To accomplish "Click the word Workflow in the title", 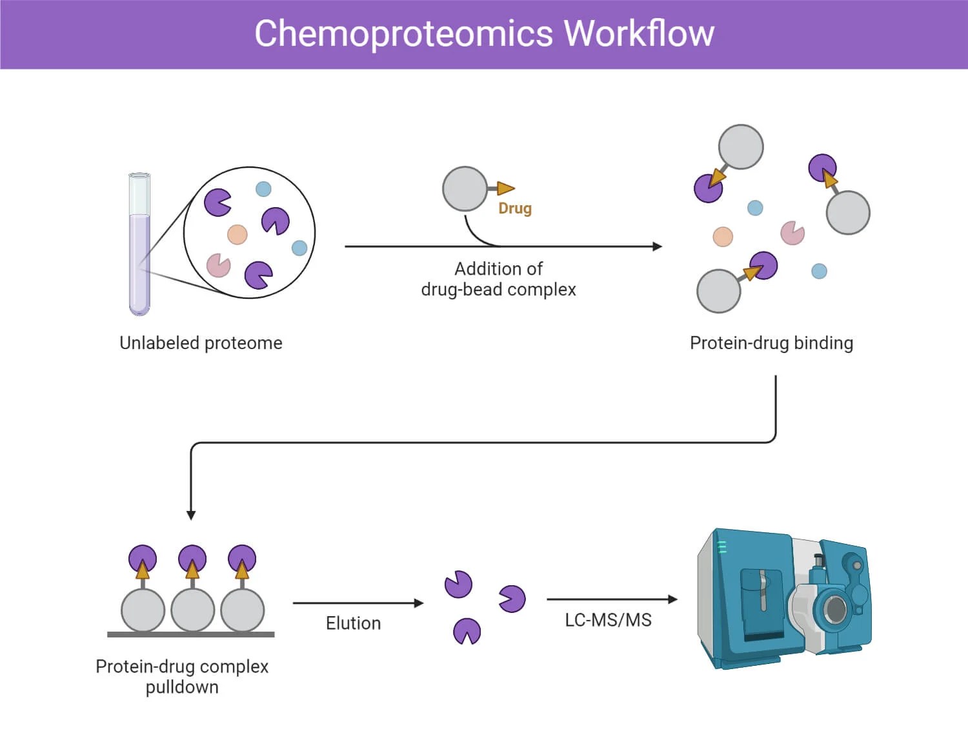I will (639, 34).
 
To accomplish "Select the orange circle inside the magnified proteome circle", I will (237, 234).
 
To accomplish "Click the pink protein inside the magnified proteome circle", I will (218, 265).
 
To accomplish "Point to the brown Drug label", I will (515, 208).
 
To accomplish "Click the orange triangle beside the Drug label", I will (505, 188).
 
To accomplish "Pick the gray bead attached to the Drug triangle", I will (465, 188).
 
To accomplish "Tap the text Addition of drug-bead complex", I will (498, 279).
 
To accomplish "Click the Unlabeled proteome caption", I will (201, 343).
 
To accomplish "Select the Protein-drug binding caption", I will (771, 343).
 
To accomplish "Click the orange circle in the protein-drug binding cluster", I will (723, 237).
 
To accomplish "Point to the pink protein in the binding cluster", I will (792, 233).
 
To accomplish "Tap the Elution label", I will (353, 623).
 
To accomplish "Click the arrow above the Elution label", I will (358, 603).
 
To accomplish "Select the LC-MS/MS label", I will (608, 620).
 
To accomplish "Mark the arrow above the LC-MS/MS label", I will (612, 599).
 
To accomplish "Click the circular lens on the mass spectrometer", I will (836, 608).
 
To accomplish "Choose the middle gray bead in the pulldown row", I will (192, 610).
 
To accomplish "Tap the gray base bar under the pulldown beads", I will (190, 635).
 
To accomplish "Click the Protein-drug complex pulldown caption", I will (182, 676).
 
